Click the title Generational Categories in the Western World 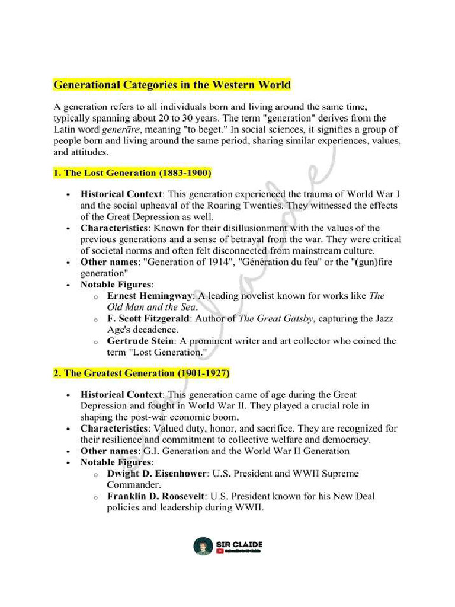[x=172, y=85]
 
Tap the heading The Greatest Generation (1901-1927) [x=141, y=373]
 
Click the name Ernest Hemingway [x=148, y=296]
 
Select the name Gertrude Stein [x=140, y=341]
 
